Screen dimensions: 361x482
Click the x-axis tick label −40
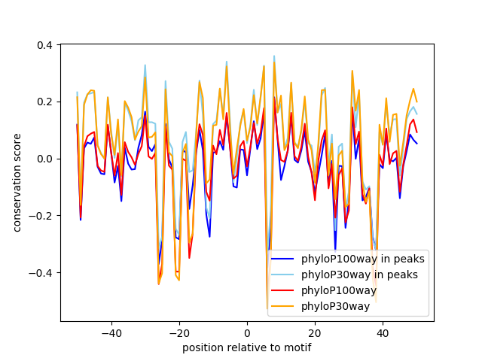tap(111, 333)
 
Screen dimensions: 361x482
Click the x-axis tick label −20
tap(178, 333)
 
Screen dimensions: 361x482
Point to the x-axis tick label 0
tap(247, 333)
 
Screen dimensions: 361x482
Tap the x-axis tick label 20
tap(315, 333)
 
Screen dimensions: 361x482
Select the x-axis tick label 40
tap(383, 333)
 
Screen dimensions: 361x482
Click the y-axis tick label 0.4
tap(44, 45)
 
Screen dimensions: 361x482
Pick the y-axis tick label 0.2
tap(44, 102)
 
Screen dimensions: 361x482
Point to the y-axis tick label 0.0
tap(44, 159)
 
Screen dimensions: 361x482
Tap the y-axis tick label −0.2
tap(41, 216)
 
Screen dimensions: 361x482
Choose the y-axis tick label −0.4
tap(41, 272)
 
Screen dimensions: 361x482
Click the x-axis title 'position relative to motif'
tap(246, 347)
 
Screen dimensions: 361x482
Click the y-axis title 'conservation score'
tap(17, 183)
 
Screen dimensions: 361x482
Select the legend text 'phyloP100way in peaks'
tap(362, 259)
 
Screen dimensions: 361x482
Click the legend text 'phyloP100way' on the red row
tap(339, 291)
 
